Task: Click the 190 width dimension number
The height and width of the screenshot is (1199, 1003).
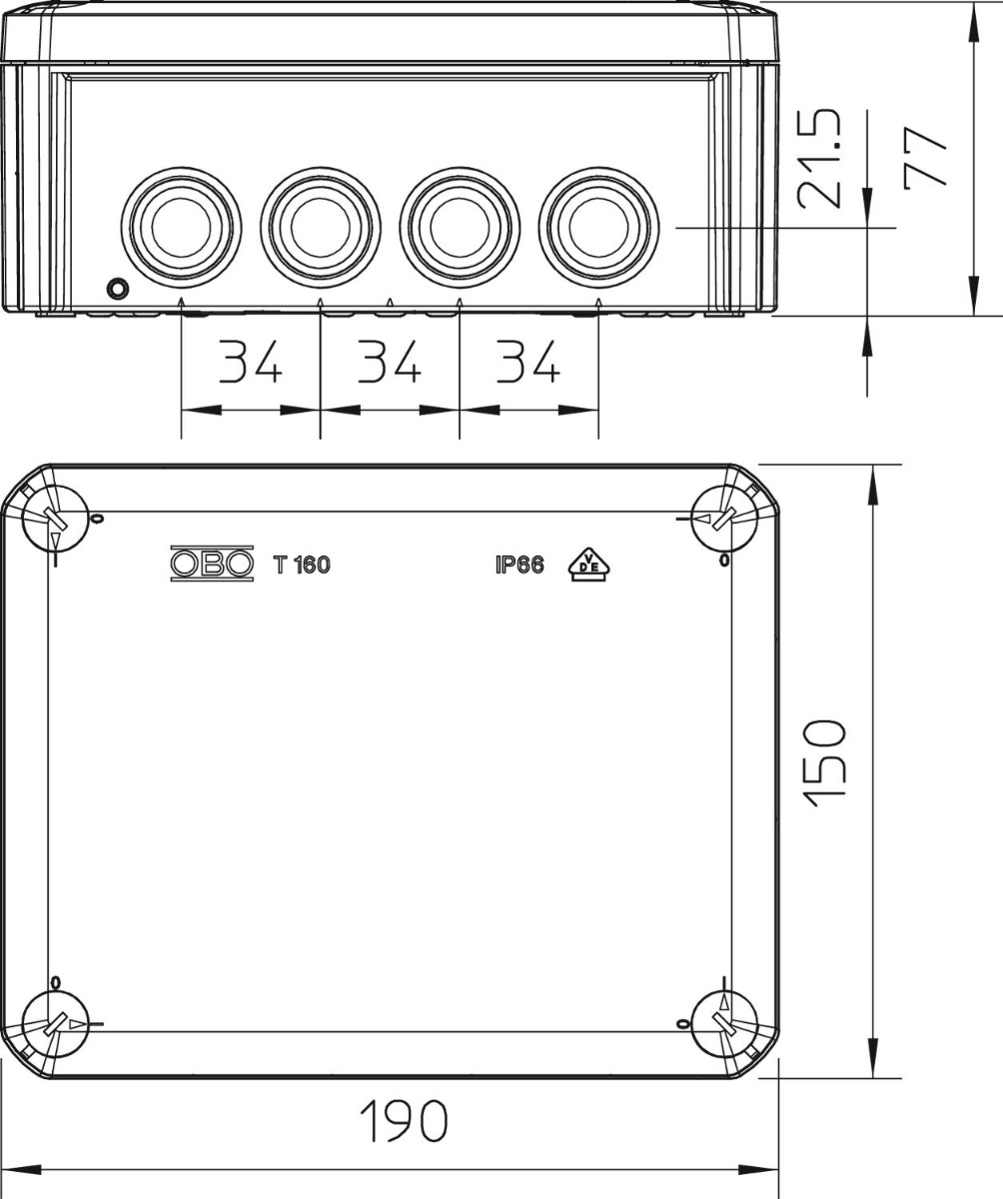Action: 403,1122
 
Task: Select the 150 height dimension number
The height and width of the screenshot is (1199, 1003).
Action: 827,757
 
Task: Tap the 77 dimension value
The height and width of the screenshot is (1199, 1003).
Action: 925,158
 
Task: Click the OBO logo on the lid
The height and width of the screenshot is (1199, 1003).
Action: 212,565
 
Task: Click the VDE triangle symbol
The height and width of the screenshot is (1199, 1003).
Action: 589,565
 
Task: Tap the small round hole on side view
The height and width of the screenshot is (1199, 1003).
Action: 117,290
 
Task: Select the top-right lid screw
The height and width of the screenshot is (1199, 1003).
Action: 724,518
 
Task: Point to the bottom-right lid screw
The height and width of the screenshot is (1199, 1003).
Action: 724,1025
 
